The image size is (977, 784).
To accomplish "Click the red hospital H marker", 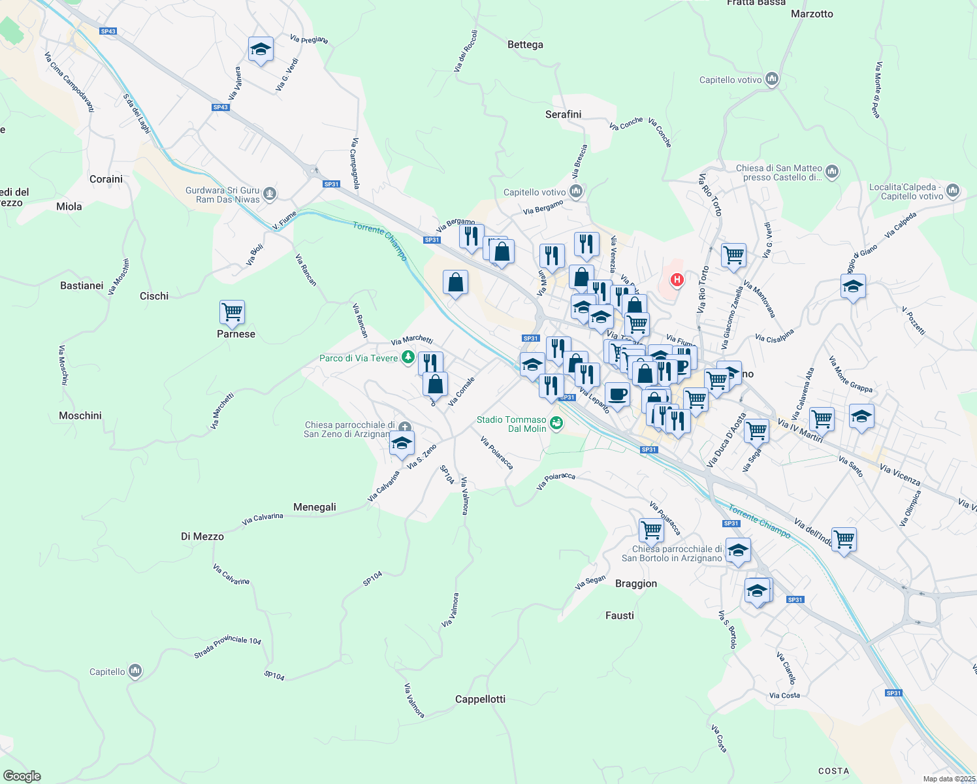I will tap(677, 280).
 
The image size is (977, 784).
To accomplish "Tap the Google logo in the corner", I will tap(22, 776).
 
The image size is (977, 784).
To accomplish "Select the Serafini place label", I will tap(563, 114).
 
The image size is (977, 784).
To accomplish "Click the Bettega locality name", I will tap(525, 44).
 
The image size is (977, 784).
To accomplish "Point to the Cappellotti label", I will tap(480, 699).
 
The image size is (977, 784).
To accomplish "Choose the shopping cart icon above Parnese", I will tap(232, 312).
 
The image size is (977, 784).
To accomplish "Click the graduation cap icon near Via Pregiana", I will tap(261, 49).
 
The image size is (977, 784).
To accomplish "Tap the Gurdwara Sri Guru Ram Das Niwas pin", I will tap(270, 194).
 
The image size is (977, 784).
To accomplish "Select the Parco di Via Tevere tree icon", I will tap(408, 357).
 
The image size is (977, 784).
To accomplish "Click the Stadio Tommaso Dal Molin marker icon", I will tap(556, 423).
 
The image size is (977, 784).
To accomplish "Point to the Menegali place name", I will tap(315, 507).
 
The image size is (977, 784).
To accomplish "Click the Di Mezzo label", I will tap(202, 536).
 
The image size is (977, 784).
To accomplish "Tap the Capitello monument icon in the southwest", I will tap(135, 671).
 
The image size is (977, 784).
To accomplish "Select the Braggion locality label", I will tap(636, 583).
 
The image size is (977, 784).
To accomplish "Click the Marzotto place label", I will tap(812, 14).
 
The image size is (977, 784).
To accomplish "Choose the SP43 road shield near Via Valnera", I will tap(220, 107).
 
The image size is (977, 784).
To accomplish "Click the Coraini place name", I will tap(106, 179).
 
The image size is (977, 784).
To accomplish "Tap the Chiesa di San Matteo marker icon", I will tap(831, 171).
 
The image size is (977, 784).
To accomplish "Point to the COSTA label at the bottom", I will tap(834, 771).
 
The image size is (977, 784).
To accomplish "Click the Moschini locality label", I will tap(80, 416).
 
